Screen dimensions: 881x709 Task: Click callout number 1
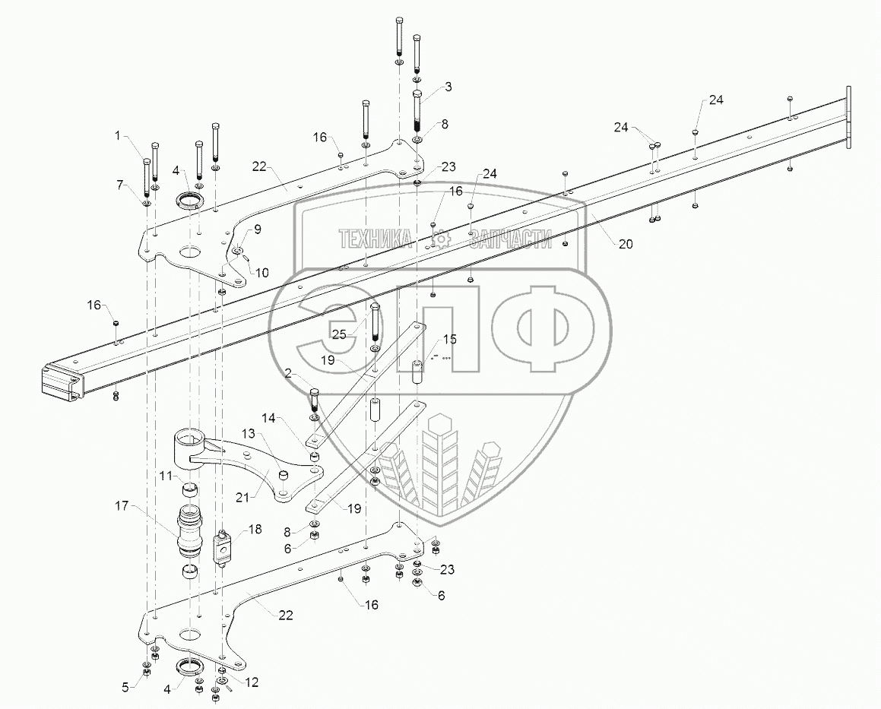118,135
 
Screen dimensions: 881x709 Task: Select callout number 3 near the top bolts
448,87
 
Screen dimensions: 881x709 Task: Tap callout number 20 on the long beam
625,244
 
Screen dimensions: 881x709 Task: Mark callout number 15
450,338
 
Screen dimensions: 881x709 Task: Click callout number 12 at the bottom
252,682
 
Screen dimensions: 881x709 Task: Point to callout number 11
166,476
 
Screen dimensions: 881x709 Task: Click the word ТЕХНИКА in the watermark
375,240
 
